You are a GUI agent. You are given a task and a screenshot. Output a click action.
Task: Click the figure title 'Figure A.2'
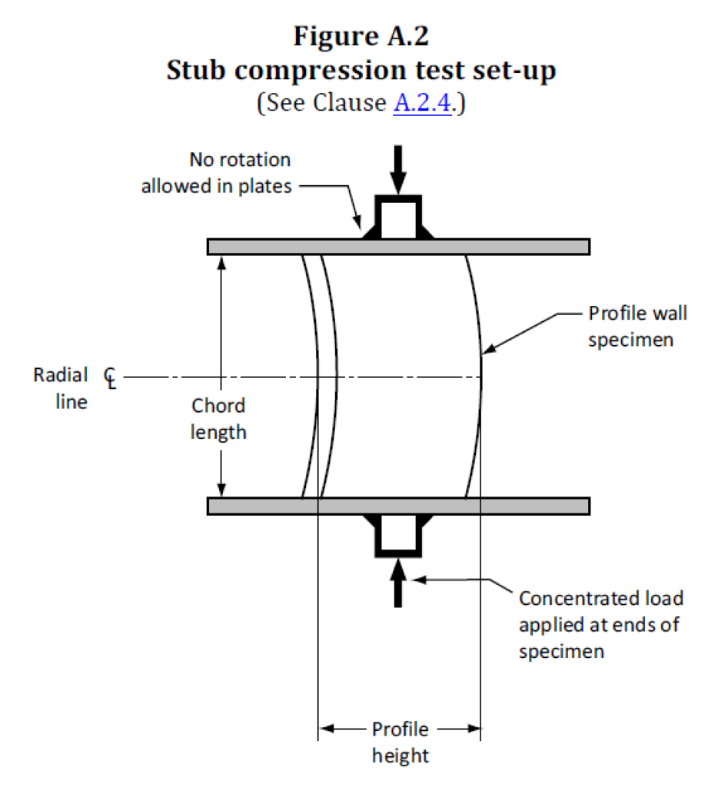[x=361, y=36]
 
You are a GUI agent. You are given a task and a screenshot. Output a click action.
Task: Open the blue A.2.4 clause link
[x=422, y=103]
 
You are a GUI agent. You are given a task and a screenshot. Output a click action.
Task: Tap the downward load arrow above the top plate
[x=398, y=169]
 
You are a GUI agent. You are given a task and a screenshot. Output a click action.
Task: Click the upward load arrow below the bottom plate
[x=398, y=583]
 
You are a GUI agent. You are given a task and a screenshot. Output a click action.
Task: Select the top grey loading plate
[x=399, y=247]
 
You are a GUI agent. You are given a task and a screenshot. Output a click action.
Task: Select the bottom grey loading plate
[x=399, y=506]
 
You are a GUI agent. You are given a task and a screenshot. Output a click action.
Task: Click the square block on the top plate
[x=398, y=217]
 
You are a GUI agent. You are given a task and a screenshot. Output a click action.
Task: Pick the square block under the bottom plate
[x=398, y=536]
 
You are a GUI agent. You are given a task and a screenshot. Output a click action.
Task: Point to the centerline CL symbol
[x=110, y=378]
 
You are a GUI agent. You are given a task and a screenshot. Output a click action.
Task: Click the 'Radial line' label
[x=61, y=388]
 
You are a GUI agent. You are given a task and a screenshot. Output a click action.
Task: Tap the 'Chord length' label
[x=218, y=419]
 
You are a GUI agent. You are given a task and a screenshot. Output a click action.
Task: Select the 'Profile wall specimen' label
[x=637, y=326]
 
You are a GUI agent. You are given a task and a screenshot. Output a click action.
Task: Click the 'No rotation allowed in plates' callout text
[x=216, y=173]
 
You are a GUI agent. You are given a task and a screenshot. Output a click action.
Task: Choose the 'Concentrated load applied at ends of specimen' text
[x=601, y=625]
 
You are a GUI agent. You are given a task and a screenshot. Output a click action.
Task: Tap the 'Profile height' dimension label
[x=401, y=742]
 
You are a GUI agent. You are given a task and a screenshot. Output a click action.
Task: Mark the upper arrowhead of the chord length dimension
[x=221, y=263]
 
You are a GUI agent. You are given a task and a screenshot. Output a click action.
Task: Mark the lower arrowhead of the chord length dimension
[x=221, y=490]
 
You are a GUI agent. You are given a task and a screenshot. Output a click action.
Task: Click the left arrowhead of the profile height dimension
[x=327, y=729]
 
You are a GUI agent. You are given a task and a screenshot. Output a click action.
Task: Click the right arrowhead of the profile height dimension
[x=473, y=729]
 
